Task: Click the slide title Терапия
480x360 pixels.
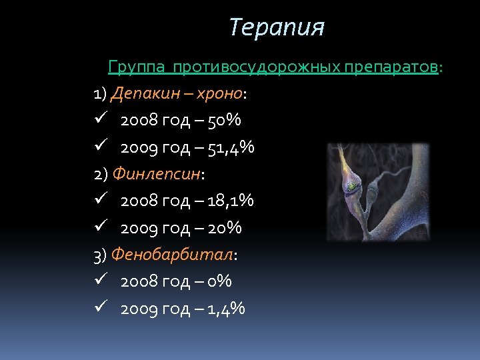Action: coord(276,28)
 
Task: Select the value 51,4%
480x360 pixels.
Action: coord(231,147)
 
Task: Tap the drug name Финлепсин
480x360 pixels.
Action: coord(156,174)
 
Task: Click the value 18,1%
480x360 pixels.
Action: coord(231,201)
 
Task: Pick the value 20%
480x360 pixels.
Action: coord(225,228)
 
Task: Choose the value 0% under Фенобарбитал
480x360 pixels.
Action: coord(220,281)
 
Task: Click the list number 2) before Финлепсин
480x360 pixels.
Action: coord(101,174)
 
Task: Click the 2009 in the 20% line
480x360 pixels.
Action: coord(138,228)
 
